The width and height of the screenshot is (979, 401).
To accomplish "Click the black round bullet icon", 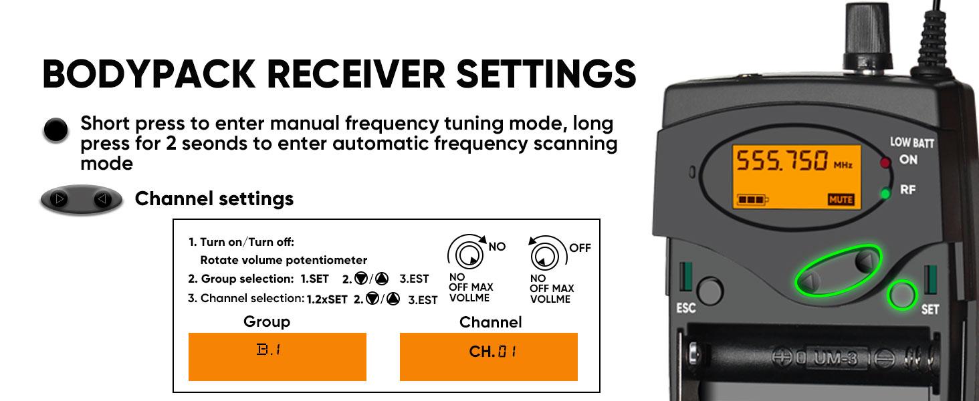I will pyautogui.click(x=56, y=130).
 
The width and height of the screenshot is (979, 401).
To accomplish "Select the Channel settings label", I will pyautogui.click(x=214, y=198).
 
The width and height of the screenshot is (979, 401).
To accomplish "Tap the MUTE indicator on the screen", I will pyautogui.click(x=841, y=199).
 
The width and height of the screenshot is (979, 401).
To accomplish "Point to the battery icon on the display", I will pyautogui.click(x=753, y=199).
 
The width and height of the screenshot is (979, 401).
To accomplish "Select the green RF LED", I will pyautogui.click(x=887, y=194).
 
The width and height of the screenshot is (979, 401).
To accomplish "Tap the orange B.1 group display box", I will pyautogui.click(x=277, y=357).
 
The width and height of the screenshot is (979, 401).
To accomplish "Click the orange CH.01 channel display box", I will pyautogui.click(x=488, y=357).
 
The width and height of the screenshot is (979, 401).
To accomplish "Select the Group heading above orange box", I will pyautogui.click(x=267, y=321).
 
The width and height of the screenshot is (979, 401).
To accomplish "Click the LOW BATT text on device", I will pyautogui.click(x=912, y=142).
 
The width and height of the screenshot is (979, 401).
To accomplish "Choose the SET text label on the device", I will pyautogui.click(x=930, y=310).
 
